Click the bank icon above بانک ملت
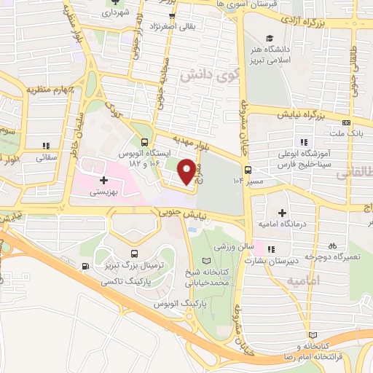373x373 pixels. [x=346, y=122]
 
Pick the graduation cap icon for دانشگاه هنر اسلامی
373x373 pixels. [x=270, y=39]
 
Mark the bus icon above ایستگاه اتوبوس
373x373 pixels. [x=144, y=143]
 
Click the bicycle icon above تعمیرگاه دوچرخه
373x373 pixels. [x=332, y=246]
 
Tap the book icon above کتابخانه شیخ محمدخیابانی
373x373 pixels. [x=205, y=260]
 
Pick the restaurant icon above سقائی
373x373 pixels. [x=46, y=145]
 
